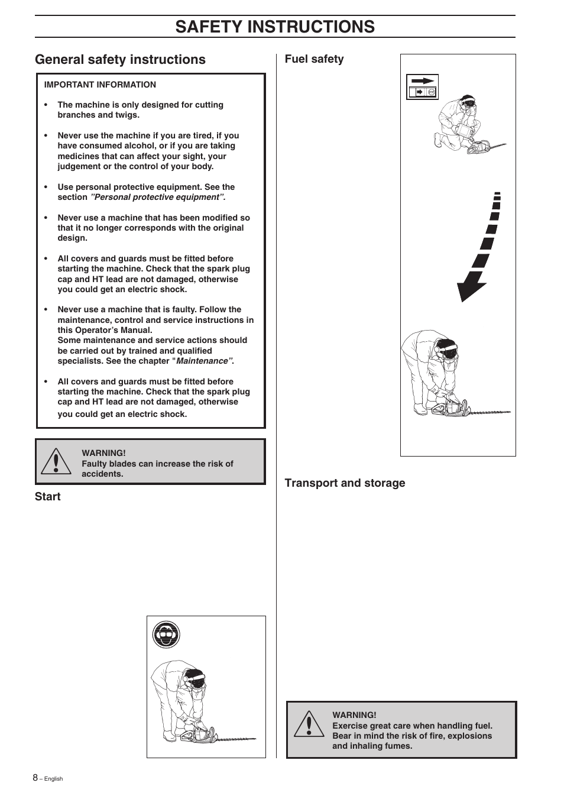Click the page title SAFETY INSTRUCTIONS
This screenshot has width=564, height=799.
click(275, 27)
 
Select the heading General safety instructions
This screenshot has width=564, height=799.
click(120, 59)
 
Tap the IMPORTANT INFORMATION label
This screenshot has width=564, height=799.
click(100, 85)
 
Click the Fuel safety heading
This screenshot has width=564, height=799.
click(314, 59)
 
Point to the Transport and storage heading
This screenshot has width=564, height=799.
click(345, 483)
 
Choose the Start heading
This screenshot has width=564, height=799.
click(47, 496)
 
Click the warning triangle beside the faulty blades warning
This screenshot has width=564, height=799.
click(56, 461)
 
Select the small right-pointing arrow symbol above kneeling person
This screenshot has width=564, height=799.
click(422, 81)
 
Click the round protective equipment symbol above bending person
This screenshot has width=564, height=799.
click(166, 636)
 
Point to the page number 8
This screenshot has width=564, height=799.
click(35, 777)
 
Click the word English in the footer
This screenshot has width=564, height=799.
click(53, 779)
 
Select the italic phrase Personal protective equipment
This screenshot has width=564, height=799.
click(157, 197)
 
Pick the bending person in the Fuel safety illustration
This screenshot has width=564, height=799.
click(429, 370)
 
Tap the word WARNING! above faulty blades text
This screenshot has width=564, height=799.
click(103, 453)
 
